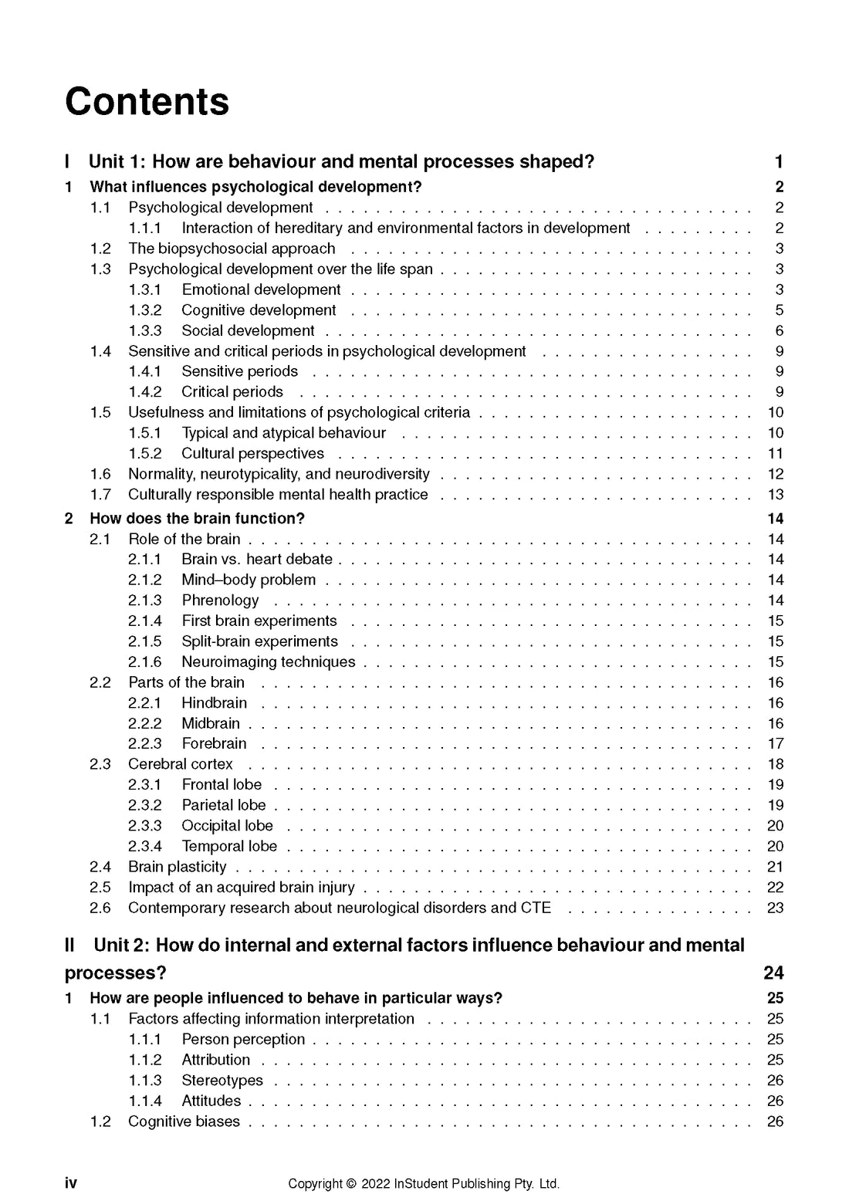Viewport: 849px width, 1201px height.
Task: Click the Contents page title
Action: coord(147,102)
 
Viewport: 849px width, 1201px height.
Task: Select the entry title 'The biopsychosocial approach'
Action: coord(232,249)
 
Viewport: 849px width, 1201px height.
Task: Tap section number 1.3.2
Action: coord(145,310)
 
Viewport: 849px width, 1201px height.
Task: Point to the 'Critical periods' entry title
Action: coord(232,392)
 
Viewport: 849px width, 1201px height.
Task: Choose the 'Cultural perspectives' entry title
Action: coord(252,454)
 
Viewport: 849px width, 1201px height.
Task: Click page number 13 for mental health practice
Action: coord(776,495)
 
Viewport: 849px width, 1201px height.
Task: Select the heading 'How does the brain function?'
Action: coord(198,519)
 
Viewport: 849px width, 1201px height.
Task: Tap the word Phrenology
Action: coord(220,600)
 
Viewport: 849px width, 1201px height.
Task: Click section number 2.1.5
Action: coord(145,641)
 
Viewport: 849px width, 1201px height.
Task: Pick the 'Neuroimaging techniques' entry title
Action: coord(269,662)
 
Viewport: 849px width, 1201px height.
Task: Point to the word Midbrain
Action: coord(211,724)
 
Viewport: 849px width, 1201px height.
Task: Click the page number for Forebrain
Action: coord(776,744)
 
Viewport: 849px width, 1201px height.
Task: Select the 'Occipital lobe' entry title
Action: coord(227,826)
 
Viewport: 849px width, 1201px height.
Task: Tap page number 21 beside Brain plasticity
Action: coord(776,867)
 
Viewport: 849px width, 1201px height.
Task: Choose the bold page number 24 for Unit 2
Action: coord(773,973)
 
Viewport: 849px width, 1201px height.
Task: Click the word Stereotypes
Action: coord(222,1081)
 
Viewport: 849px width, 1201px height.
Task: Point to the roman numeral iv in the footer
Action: coord(71,1183)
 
